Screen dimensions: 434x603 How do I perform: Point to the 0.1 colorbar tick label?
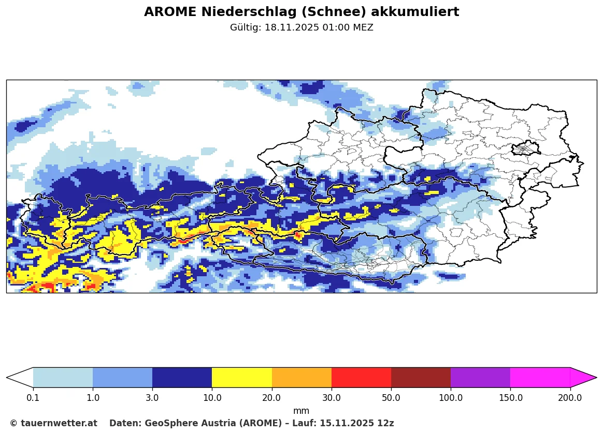33,398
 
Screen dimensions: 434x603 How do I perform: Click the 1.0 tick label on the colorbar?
93,398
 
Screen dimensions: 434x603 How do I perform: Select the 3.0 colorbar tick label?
152,398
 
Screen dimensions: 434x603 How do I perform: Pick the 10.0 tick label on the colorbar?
212,398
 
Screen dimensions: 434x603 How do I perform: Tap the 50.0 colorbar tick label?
391,398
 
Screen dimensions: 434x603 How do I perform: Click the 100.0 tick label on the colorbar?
451,398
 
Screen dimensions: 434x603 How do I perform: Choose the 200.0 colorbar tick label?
570,398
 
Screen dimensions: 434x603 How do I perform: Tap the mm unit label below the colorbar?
301,411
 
